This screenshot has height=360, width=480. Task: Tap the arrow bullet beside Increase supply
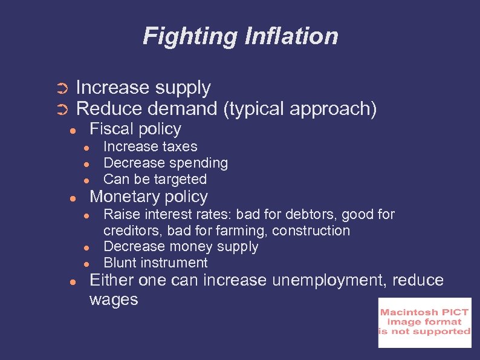tap(60, 90)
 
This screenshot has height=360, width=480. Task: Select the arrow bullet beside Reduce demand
tap(60, 110)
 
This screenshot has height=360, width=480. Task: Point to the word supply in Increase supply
tap(183, 88)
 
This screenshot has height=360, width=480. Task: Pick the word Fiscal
tap(110, 129)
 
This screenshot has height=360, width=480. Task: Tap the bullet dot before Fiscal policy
tap(72, 130)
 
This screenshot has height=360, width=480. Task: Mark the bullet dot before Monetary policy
tap(72, 198)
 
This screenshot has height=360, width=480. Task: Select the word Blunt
tap(120, 263)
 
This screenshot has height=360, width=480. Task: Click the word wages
tap(114, 299)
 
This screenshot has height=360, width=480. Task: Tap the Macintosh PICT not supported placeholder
tap(424, 322)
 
